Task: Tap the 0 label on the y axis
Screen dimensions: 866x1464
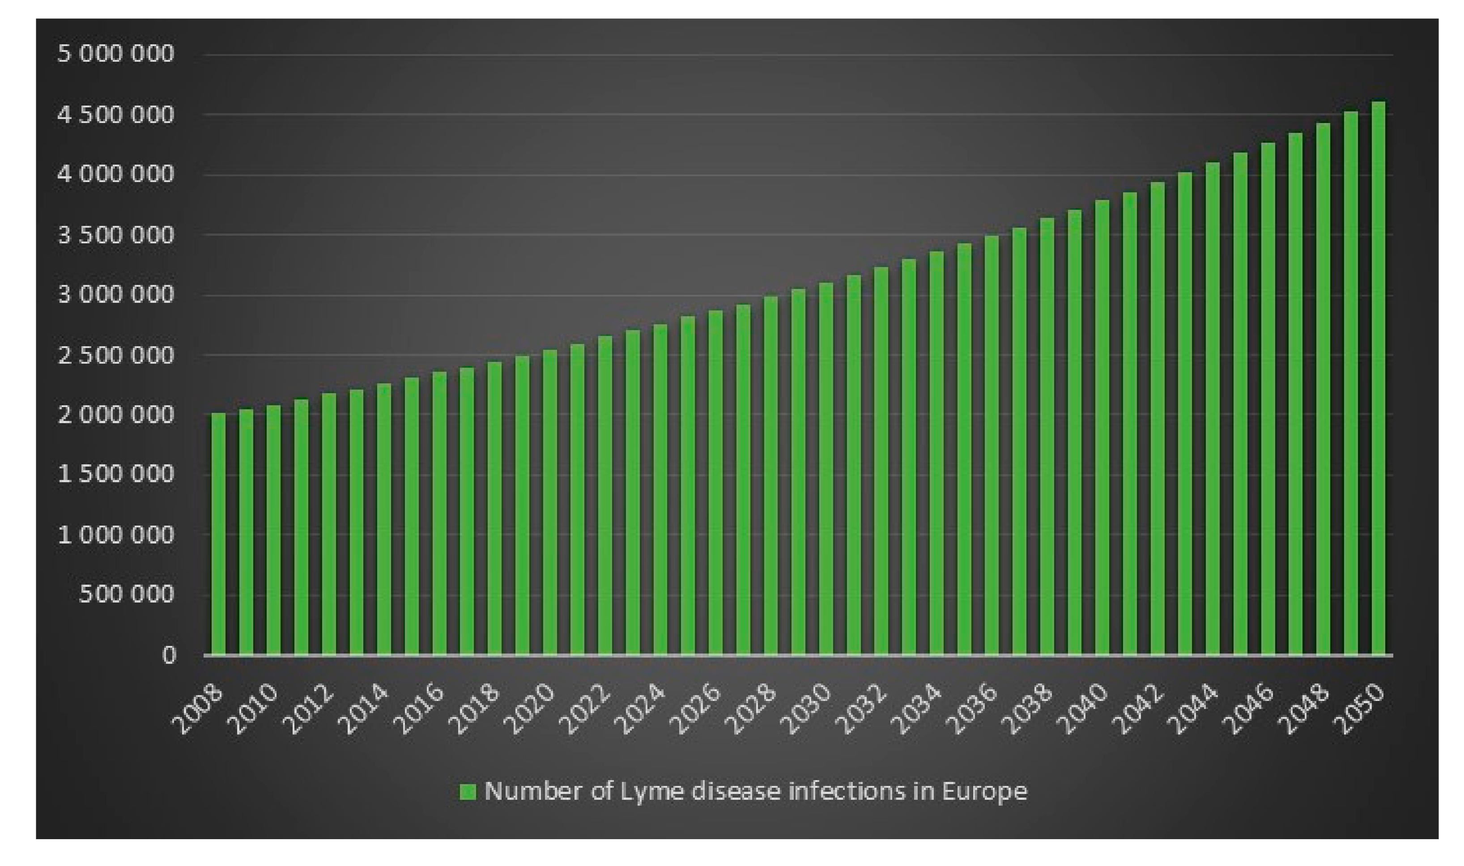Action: click(169, 655)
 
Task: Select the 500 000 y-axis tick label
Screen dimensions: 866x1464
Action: click(126, 594)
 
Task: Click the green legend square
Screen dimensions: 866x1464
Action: click(468, 791)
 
